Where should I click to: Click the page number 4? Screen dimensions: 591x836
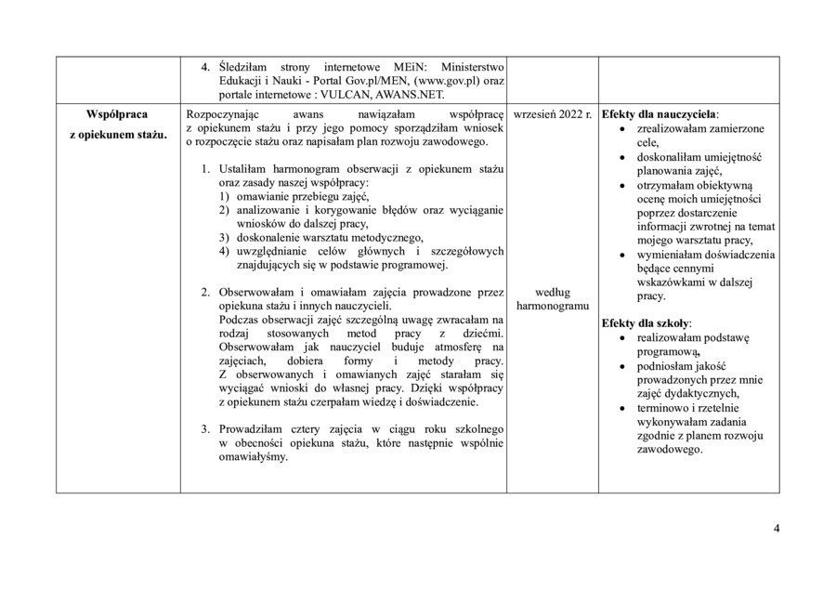[x=777, y=530]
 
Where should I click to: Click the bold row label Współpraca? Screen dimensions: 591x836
[x=116, y=114]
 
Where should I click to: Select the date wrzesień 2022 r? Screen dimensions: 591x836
[x=553, y=114]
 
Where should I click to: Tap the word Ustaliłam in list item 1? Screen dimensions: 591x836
[x=245, y=170]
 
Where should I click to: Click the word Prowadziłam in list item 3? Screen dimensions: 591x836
[x=253, y=429]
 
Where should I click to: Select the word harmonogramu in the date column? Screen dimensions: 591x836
[x=553, y=306]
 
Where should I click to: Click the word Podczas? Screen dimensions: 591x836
[x=240, y=319]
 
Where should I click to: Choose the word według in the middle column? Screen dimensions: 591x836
[x=553, y=292]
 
